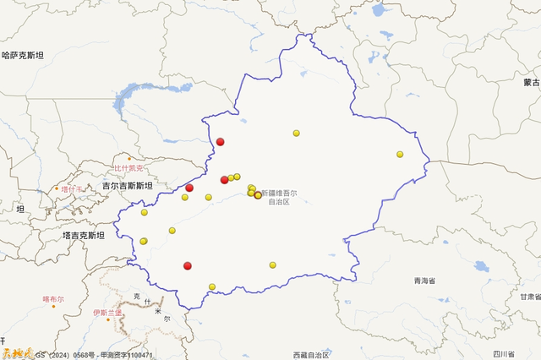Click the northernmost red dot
click(x=220, y=142)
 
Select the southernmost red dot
click(x=188, y=266)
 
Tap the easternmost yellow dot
click(x=400, y=155)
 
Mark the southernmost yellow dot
click(x=212, y=286)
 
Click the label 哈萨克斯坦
click(x=23, y=56)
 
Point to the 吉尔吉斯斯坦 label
click(x=128, y=186)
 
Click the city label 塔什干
click(x=73, y=188)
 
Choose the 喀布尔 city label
click(x=52, y=299)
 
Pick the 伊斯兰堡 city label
click(x=107, y=313)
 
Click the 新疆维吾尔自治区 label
click(x=279, y=198)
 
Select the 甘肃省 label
click(x=529, y=297)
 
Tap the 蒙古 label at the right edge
click(x=531, y=83)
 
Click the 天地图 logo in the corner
click(x=16, y=353)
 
